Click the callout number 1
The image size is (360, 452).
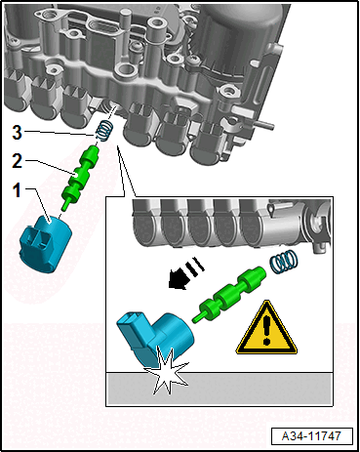pyautogui.click(x=17, y=190)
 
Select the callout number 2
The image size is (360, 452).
pyautogui.click(x=17, y=161)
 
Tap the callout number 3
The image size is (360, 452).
pyautogui.click(x=17, y=132)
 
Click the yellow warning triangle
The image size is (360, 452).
pyautogui.click(x=266, y=328)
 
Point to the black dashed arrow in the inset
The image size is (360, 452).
pyautogui.click(x=186, y=273)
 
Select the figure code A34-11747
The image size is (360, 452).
pyautogui.click(x=311, y=435)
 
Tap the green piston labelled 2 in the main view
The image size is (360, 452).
pyautogui.click(x=80, y=177)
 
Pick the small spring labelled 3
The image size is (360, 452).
pyautogui.click(x=104, y=131)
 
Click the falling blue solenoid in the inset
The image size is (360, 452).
pyautogui.click(x=154, y=336)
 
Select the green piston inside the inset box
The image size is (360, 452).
pyautogui.click(x=229, y=294)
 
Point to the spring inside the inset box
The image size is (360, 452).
pyautogui.click(x=284, y=262)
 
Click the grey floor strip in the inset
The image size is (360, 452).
pyautogui.click(x=220, y=389)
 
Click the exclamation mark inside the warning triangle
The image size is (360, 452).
pyautogui.click(x=266, y=330)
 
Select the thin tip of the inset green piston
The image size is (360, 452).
pyautogui.click(x=197, y=318)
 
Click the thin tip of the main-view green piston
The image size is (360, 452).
pyautogui.click(x=65, y=205)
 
